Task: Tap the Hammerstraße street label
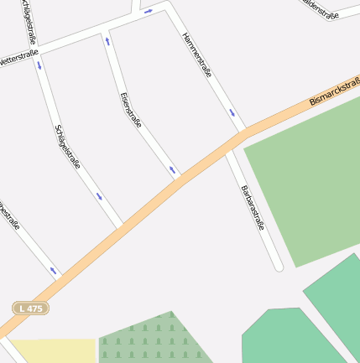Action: point(196,55)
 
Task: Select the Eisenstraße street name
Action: point(130,110)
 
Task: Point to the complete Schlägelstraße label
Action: point(67,147)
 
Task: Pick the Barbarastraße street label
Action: point(253,208)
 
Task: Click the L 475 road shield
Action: point(31,309)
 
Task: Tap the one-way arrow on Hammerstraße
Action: point(232,112)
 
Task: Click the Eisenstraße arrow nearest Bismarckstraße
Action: point(172,170)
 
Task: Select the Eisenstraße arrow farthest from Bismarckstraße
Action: point(107,40)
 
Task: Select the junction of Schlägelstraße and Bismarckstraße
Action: point(120,226)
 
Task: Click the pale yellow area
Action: point(52,350)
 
